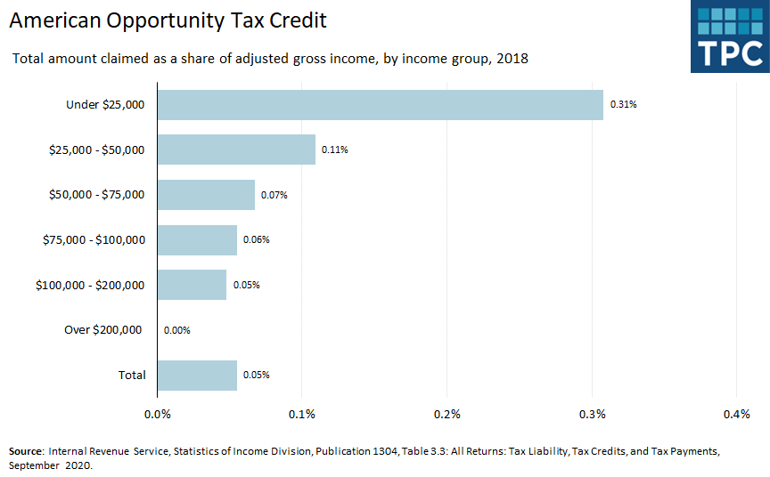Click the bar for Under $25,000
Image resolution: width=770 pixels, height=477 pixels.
point(381,105)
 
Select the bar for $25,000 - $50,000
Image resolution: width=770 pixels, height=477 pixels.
point(236,150)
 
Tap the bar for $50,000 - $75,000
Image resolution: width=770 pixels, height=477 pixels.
point(206,195)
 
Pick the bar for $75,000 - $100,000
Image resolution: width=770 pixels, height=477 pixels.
point(197,239)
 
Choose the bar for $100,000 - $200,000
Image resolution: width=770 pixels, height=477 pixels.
point(192,285)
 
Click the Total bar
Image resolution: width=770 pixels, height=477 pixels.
point(197,375)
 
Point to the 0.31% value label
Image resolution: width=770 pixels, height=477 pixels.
point(623,105)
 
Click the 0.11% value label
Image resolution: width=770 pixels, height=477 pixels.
point(335,150)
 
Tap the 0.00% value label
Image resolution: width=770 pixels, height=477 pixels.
point(177,330)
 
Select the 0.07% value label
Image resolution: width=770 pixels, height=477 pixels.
point(274,195)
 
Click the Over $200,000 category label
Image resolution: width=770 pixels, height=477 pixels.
point(102,330)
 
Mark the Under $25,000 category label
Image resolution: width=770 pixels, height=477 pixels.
point(105,105)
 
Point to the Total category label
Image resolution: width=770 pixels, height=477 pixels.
point(132,375)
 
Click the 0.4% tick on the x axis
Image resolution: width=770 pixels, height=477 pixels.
point(737,414)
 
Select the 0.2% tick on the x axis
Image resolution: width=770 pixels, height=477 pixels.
point(446,414)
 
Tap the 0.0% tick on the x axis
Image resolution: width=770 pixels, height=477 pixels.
point(158,414)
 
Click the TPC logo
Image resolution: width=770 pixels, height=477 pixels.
point(729,36)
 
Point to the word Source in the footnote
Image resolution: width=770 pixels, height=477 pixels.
point(26,451)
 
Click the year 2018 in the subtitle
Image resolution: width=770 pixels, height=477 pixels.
point(512,60)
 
